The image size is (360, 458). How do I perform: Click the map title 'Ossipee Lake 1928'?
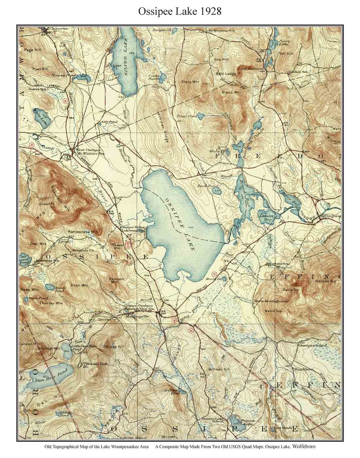point(180,11)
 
